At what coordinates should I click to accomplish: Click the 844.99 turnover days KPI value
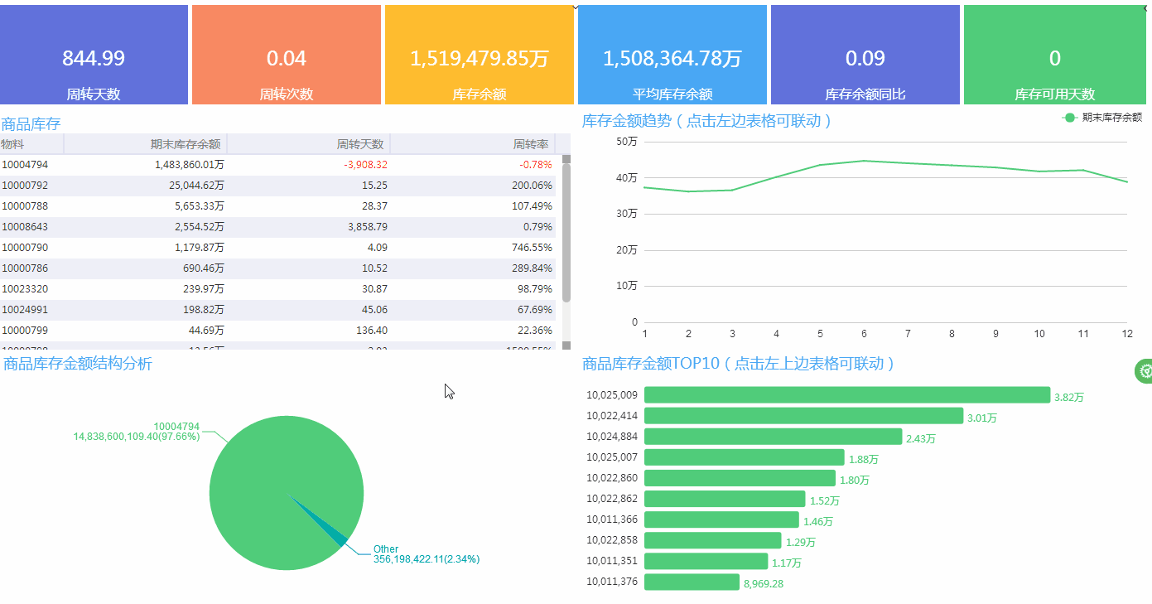pyautogui.click(x=94, y=59)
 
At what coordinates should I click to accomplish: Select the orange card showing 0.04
pyautogui.click(x=287, y=55)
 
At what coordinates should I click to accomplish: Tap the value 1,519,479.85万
pyautogui.click(x=480, y=59)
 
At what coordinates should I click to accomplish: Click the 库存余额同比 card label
pyautogui.click(x=865, y=94)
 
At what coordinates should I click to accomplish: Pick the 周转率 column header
pyautogui.click(x=531, y=144)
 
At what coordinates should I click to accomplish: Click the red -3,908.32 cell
pyautogui.click(x=365, y=165)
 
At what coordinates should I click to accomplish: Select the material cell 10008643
pyautogui.click(x=25, y=227)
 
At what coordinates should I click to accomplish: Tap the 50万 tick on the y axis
pyautogui.click(x=627, y=142)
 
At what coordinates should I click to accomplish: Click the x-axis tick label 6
pyautogui.click(x=864, y=334)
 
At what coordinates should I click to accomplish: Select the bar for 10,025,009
pyautogui.click(x=846, y=395)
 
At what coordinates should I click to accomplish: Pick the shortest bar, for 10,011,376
pyautogui.click(x=692, y=582)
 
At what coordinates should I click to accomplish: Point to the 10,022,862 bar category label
pyautogui.click(x=612, y=500)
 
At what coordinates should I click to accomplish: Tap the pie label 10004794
pyautogui.click(x=176, y=427)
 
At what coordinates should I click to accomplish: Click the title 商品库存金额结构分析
pyautogui.click(x=78, y=364)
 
